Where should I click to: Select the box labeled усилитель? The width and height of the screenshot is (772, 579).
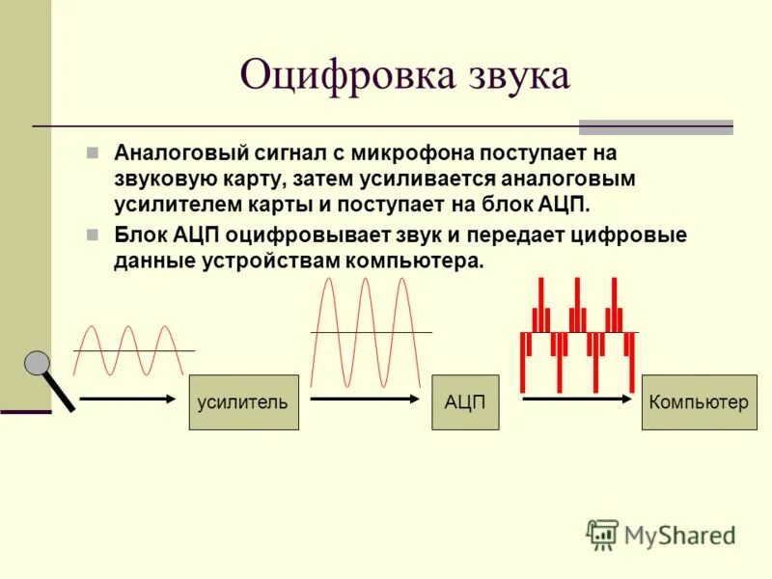click(x=243, y=402)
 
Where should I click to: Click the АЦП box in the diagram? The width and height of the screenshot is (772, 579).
click(x=465, y=402)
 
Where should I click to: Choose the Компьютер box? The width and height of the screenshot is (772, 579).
click(x=700, y=402)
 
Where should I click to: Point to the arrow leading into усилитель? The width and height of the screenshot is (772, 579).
click(x=128, y=397)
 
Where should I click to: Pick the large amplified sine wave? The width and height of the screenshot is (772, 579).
click(x=367, y=333)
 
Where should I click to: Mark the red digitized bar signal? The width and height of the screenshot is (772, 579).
click(x=577, y=333)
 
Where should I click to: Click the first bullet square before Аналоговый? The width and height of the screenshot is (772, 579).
click(x=93, y=152)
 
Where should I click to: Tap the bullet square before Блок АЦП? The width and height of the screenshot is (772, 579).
click(x=93, y=234)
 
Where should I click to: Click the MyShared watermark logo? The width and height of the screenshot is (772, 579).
click(x=661, y=534)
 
